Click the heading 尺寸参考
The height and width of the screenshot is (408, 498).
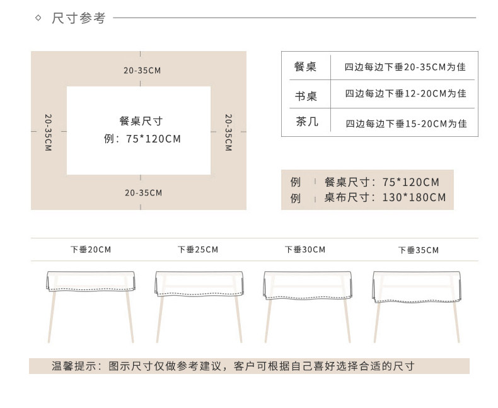(79, 18)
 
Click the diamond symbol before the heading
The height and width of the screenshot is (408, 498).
(38, 18)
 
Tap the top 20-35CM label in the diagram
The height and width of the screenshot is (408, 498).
(142, 71)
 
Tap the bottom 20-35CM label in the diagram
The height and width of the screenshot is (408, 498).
(143, 192)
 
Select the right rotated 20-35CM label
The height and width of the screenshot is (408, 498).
(228, 132)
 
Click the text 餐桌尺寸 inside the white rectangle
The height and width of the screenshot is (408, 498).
(141, 121)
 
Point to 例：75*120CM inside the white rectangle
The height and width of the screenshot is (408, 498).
(142, 139)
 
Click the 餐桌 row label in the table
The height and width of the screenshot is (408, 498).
(306, 66)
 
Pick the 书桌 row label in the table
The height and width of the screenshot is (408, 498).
(306, 96)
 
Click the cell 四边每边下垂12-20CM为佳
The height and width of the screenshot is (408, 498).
(405, 94)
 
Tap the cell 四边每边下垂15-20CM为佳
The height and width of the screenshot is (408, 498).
(406, 124)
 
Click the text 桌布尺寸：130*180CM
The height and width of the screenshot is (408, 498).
(385, 197)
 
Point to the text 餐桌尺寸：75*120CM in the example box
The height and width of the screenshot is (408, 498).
(381, 182)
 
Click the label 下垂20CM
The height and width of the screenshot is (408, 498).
(90, 250)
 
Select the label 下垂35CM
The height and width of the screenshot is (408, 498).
(418, 250)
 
